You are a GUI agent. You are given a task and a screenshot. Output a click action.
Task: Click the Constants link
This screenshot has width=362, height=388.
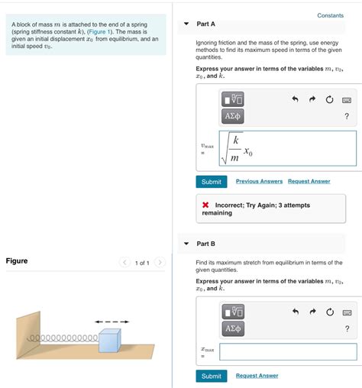[330, 15]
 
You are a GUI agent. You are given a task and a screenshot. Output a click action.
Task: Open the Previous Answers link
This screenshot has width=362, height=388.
[259, 181]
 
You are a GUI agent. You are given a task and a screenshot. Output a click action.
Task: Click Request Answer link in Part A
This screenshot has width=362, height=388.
[309, 181]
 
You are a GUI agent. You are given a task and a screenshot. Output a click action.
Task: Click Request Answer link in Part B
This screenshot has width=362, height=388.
[257, 376]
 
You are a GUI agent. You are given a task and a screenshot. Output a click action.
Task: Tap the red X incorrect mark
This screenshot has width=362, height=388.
[205, 205]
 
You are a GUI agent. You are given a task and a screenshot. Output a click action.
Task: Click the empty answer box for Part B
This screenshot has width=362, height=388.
[288, 351]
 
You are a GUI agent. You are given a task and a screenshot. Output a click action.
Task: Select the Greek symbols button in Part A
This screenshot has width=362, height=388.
[233, 116]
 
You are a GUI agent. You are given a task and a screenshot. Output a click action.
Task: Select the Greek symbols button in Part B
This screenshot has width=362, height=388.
[233, 328]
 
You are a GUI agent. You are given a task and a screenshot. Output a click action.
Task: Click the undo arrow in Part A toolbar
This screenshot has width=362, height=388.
[295, 99]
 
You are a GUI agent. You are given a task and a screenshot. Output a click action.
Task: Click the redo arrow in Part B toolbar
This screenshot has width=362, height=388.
[312, 312]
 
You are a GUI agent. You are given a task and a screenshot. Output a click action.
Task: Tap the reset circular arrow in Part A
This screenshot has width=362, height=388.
[329, 99]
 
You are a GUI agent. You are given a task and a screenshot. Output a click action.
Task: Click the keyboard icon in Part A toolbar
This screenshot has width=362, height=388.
[347, 100]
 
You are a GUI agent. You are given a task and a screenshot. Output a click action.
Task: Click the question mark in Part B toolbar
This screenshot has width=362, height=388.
[347, 328]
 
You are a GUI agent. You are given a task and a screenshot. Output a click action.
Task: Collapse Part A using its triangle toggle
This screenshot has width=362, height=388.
[186, 24]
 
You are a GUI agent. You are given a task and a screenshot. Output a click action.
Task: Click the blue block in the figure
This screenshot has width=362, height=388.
[110, 341]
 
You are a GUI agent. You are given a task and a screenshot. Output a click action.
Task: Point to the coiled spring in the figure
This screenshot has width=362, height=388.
[63, 338]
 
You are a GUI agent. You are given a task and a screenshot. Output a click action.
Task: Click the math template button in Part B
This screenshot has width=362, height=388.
[233, 312]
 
